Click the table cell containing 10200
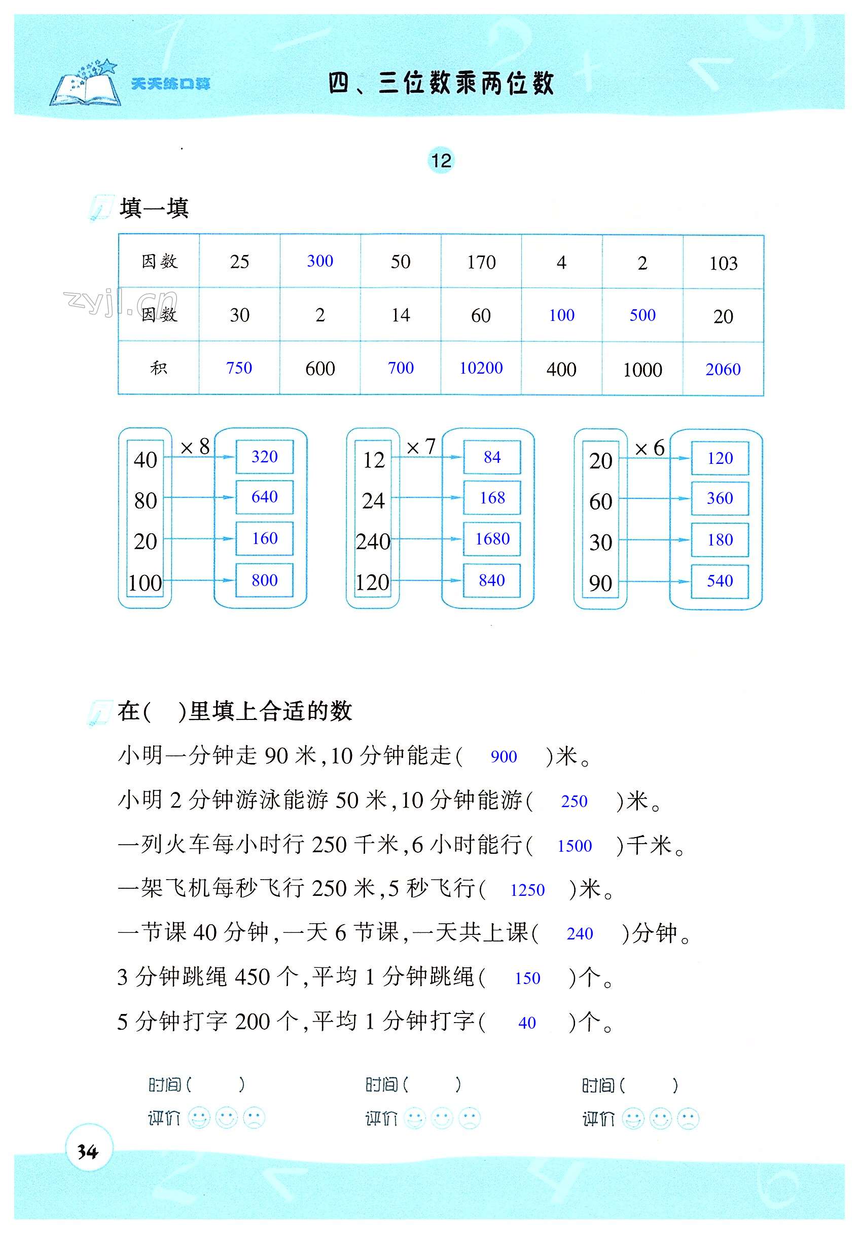481,369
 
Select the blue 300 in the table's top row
320,261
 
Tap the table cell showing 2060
723,370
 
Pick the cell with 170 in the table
481,262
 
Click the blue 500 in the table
642,315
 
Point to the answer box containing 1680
492,538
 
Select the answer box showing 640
264,497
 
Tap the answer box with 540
720,581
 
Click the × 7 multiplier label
421,447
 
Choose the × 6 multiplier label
649,448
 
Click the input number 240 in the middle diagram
373,541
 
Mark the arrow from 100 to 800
199,580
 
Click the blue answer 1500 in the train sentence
575,846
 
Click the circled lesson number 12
441,161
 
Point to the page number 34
88,1151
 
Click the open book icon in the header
86,86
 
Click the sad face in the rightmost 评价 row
688,1119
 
